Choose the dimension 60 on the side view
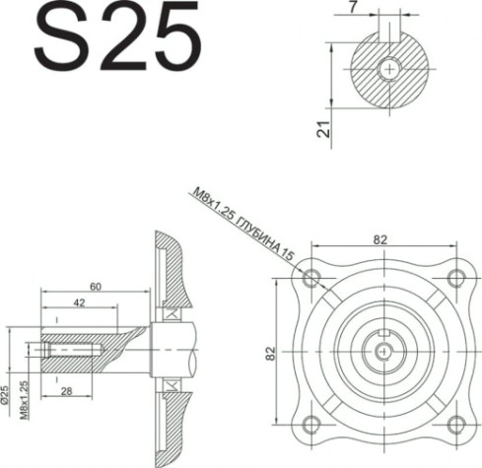[94, 286]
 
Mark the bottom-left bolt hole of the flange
[313, 424]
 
